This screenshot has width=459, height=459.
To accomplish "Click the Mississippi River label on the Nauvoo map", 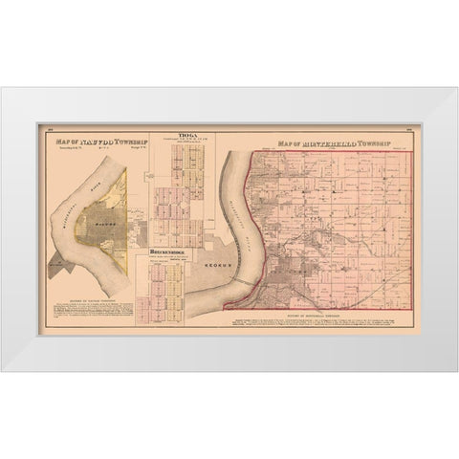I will click(x=75, y=201).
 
